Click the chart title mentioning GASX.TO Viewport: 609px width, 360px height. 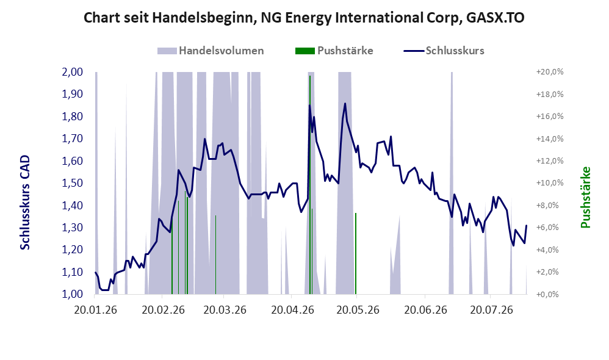pos(304,18)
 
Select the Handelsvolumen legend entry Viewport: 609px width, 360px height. pos(211,51)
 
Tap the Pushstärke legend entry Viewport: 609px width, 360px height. pos(334,51)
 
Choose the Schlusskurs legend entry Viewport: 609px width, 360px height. pos(444,51)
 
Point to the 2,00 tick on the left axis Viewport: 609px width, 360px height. pos(72,72)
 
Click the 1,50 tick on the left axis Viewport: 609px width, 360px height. pos(72,183)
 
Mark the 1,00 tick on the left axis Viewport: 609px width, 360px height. pos(72,294)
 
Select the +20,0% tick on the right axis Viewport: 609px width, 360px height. pos(550,72)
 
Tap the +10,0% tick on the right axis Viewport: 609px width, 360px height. pos(550,183)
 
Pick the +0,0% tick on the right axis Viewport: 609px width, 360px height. pos(550,294)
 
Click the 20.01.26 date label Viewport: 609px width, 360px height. pos(95,310)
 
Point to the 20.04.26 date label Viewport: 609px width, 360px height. pos(292,310)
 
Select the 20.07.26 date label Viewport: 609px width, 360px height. pos(491,310)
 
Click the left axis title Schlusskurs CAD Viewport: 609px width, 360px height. pos(25,203)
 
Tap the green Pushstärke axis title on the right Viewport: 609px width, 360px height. pos(585,197)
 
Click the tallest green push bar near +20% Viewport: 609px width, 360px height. pos(310,185)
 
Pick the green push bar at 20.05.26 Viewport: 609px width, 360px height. pos(355,254)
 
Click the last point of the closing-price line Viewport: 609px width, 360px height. pos(527,226)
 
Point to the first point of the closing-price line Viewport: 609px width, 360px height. pos(95,272)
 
